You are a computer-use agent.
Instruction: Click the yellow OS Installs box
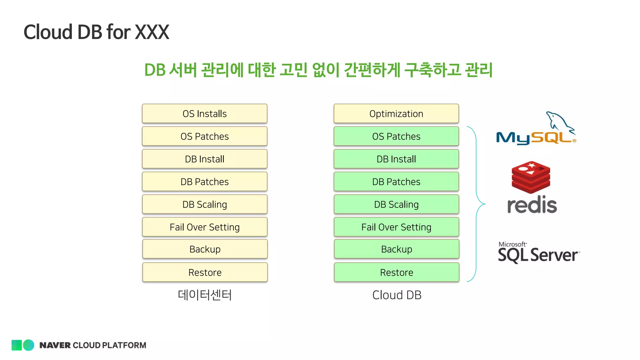pyautogui.click(x=205, y=113)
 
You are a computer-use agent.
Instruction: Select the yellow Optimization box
pyautogui.click(x=396, y=113)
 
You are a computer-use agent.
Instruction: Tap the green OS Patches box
pyautogui.click(x=396, y=136)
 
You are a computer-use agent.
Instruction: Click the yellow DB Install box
pyautogui.click(x=205, y=159)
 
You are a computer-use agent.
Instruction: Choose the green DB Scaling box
pyautogui.click(x=396, y=204)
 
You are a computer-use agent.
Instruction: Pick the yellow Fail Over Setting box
pyautogui.click(x=205, y=227)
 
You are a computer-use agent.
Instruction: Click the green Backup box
pyautogui.click(x=396, y=249)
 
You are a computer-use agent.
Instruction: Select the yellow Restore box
pyautogui.click(x=205, y=272)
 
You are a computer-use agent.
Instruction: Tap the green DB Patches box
pyautogui.click(x=396, y=182)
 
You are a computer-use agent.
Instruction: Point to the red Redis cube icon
pyautogui.click(x=531, y=177)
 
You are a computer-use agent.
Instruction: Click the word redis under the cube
pyautogui.click(x=532, y=205)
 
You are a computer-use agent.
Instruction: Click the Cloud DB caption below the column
pyautogui.click(x=397, y=295)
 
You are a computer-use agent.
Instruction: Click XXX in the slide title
pyautogui.click(x=152, y=32)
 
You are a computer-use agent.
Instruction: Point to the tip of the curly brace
pyautogui.click(x=485, y=204)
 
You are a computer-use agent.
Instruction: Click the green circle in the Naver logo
pyautogui.click(x=29, y=345)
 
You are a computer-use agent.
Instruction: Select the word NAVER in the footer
pyautogui.click(x=55, y=345)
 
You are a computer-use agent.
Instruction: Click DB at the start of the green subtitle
pyautogui.click(x=155, y=70)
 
